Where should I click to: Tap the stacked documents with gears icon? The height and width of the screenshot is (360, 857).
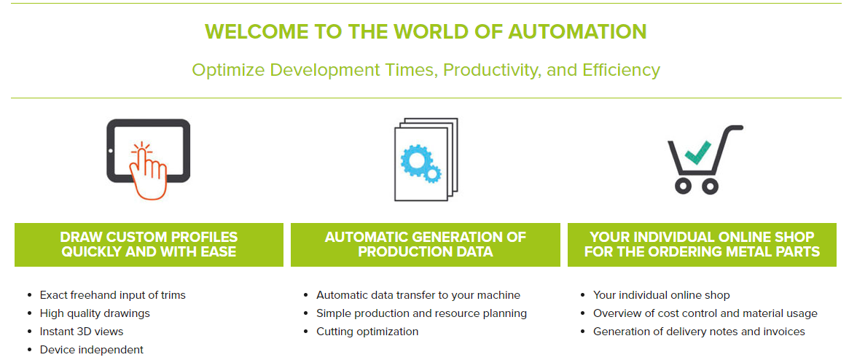[x=426, y=159]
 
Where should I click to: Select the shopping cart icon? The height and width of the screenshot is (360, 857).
[x=705, y=158]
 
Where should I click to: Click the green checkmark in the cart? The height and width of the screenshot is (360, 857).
[x=698, y=153]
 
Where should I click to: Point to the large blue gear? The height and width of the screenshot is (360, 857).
[x=417, y=160]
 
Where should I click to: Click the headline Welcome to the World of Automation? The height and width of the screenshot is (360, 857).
[x=426, y=31]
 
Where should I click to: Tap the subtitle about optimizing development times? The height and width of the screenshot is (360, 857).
[x=426, y=70]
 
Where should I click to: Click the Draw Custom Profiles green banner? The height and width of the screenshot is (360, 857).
[x=149, y=245]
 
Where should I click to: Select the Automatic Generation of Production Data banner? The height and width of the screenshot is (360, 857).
[x=426, y=245]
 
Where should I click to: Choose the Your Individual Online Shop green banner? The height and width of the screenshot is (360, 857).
[x=702, y=245]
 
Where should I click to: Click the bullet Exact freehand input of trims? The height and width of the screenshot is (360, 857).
[x=112, y=295]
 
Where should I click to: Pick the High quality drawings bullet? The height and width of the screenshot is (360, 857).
[x=95, y=313]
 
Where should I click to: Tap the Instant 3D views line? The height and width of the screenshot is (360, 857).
[x=82, y=332]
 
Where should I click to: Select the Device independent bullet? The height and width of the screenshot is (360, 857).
[x=91, y=350]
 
